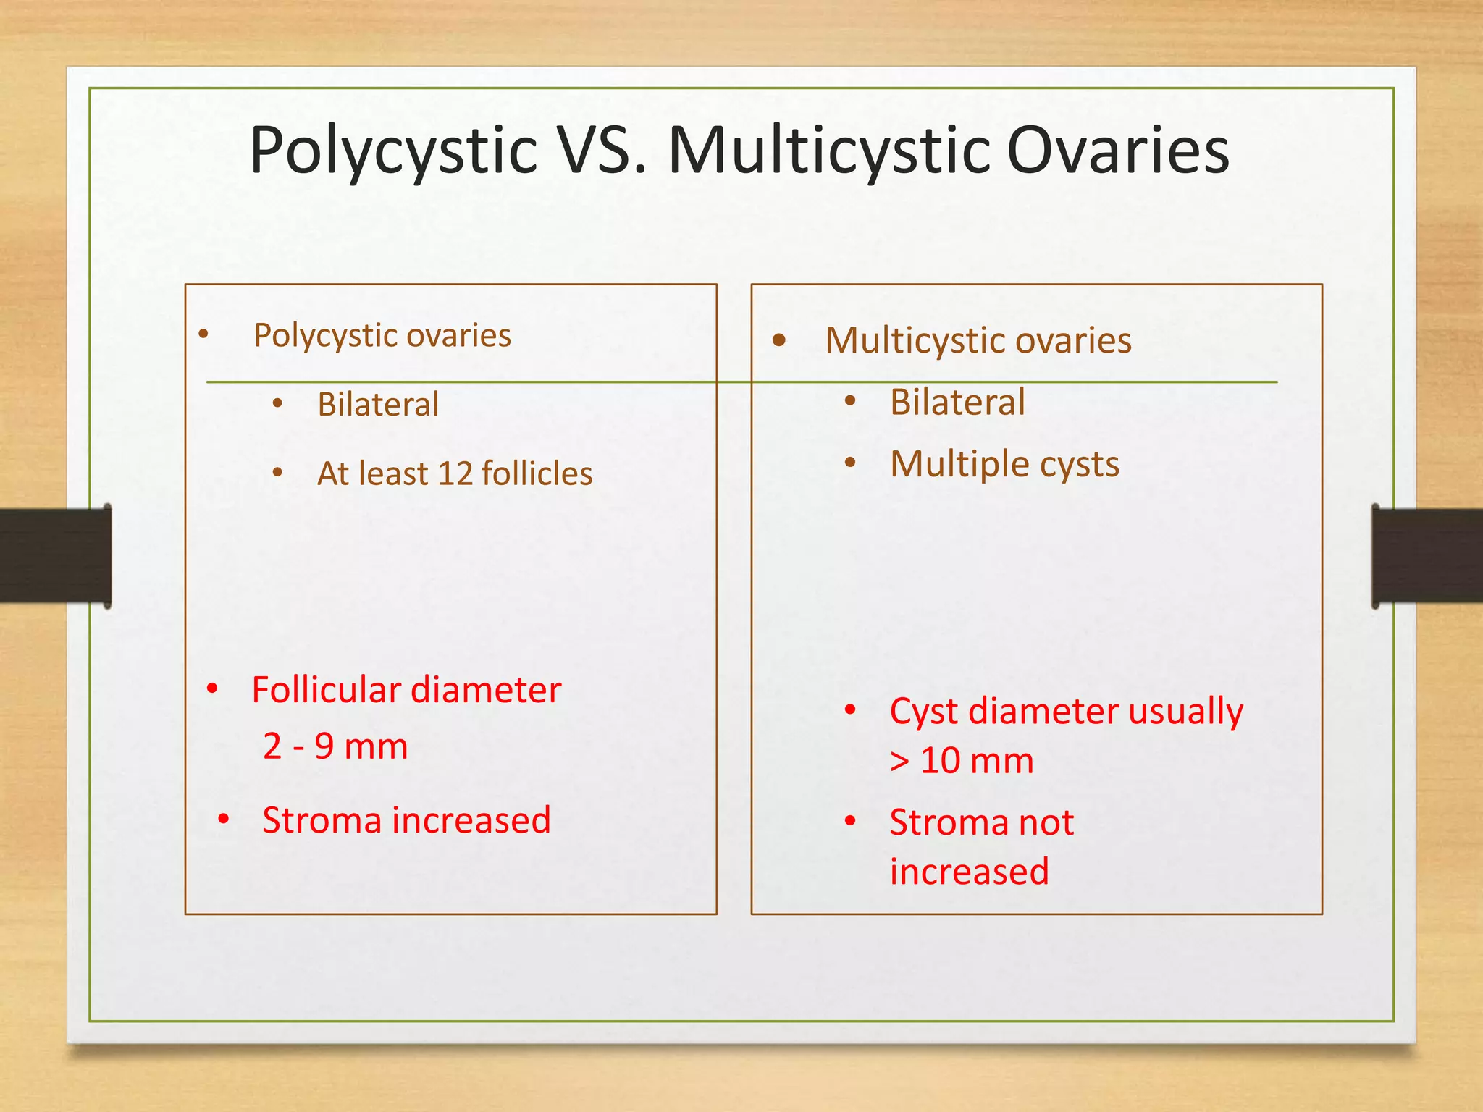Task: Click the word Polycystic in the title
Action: [x=393, y=152]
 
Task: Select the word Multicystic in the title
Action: [x=829, y=152]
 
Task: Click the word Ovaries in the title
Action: [x=1117, y=151]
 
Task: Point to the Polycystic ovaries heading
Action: [x=382, y=336]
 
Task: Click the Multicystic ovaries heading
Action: [x=978, y=340]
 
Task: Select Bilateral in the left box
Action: [x=378, y=404]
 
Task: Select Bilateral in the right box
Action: [x=957, y=402]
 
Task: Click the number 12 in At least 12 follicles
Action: [x=455, y=474]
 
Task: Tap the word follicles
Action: [x=537, y=473]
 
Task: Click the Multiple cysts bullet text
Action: [x=1004, y=464]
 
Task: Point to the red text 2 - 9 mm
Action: [x=335, y=746]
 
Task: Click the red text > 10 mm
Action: [x=962, y=761]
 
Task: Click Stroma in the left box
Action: [x=322, y=821]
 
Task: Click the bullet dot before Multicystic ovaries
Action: [x=779, y=340]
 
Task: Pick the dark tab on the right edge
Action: [x=1427, y=555]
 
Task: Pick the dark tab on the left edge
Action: [x=55, y=555]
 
